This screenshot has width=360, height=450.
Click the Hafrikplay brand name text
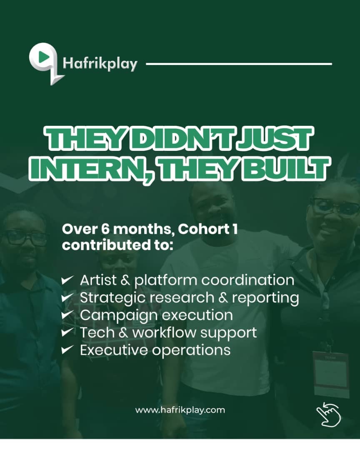point(100,64)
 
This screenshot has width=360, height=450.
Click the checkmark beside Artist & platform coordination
point(67,280)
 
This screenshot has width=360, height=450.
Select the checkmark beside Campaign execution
point(67,315)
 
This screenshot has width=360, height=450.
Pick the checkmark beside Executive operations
point(67,350)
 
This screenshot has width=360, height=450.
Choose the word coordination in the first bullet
point(247,280)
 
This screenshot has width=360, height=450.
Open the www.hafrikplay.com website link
point(180,410)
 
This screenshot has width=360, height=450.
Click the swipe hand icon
point(328,414)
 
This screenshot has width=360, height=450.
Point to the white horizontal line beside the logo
point(239,64)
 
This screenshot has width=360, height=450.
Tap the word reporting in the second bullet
point(265,298)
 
